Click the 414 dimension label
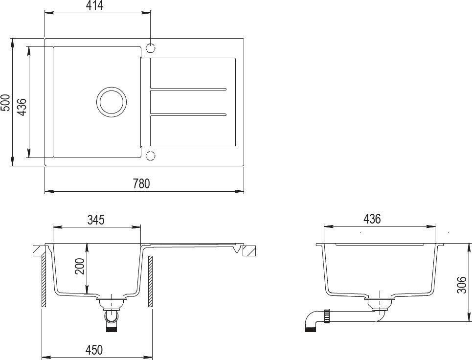click(94, 5)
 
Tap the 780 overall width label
click(141, 183)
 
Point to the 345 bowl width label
click(96, 220)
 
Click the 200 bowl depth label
click(80, 266)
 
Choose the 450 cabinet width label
click(94, 350)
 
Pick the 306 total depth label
click(461, 285)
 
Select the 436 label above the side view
click(372, 219)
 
